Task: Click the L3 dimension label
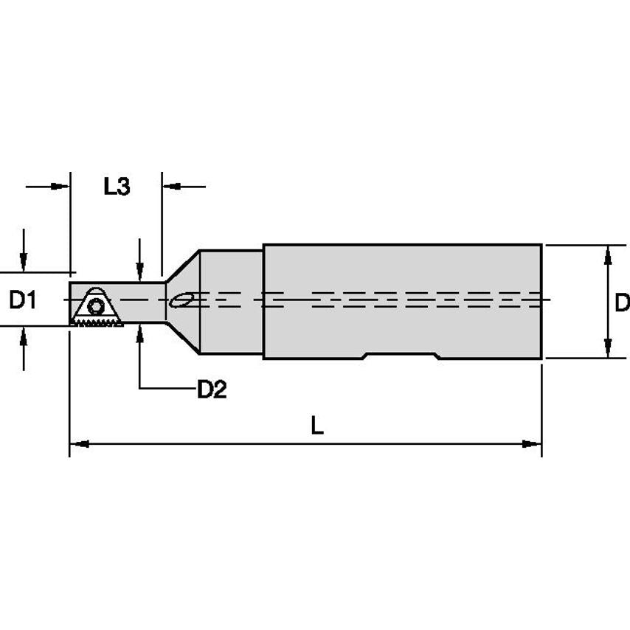click(117, 187)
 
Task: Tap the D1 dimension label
click(22, 300)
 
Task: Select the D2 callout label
click(211, 390)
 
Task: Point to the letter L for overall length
click(316, 426)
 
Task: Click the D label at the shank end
click(622, 302)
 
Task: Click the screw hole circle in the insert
click(95, 307)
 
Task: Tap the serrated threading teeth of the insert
click(97, 323)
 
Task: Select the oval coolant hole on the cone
click(181, 300)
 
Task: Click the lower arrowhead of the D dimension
click(607, 349)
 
